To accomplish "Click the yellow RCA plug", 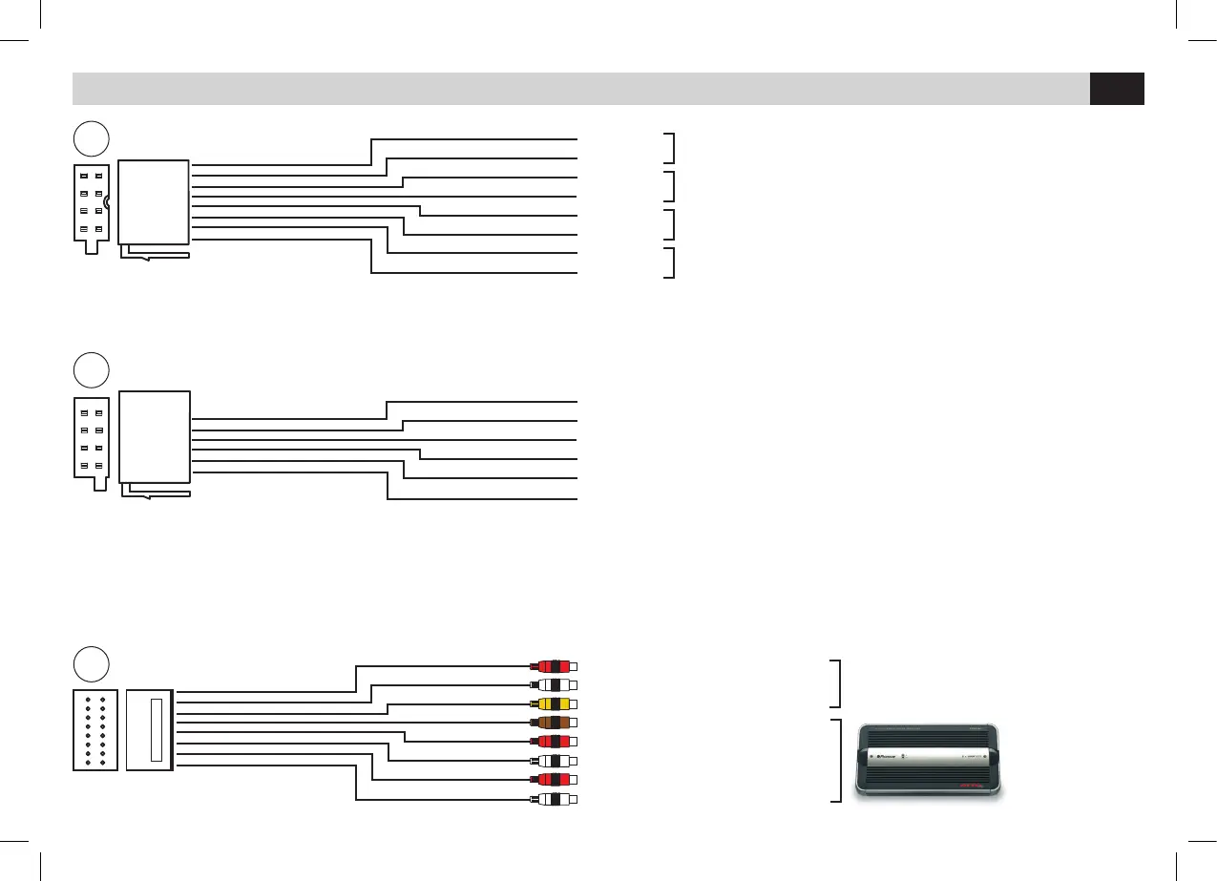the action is click(x=556, y=703).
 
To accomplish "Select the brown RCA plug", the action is click(x=556, y=723).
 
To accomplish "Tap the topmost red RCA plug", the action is click(x=556, y=665).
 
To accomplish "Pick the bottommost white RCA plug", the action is click(x=556, y=799).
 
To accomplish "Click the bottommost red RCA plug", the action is click(x=556, y=780).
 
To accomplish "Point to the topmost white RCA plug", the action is click(x=556, y=684).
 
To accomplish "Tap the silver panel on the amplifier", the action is click(x=931, y=759).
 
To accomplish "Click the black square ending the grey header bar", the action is click(x=1117, y=88).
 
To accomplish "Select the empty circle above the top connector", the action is click(x=92, y=139).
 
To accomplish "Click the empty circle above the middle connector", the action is click(x=92, y=370).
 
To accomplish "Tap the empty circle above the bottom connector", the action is click(x=92, y=663).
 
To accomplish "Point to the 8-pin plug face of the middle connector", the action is click(x=92, y=439).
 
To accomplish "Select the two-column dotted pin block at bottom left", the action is click(x=94, y=730).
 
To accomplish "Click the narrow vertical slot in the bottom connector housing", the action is click(x=157, y=730).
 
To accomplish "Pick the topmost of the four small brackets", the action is click(x=672, y=148).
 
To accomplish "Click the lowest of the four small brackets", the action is click(x=672, y=262).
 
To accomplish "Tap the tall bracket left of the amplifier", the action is click(x=837, y=761).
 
